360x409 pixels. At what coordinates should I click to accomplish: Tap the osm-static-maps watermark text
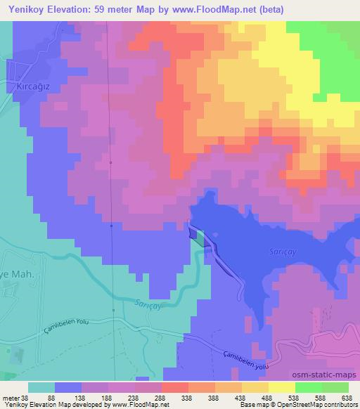click(x=330, y=374)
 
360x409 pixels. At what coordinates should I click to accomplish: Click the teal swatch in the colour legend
click(x=41, y=387)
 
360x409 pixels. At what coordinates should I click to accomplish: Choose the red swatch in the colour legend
click(x=175, y=387)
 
